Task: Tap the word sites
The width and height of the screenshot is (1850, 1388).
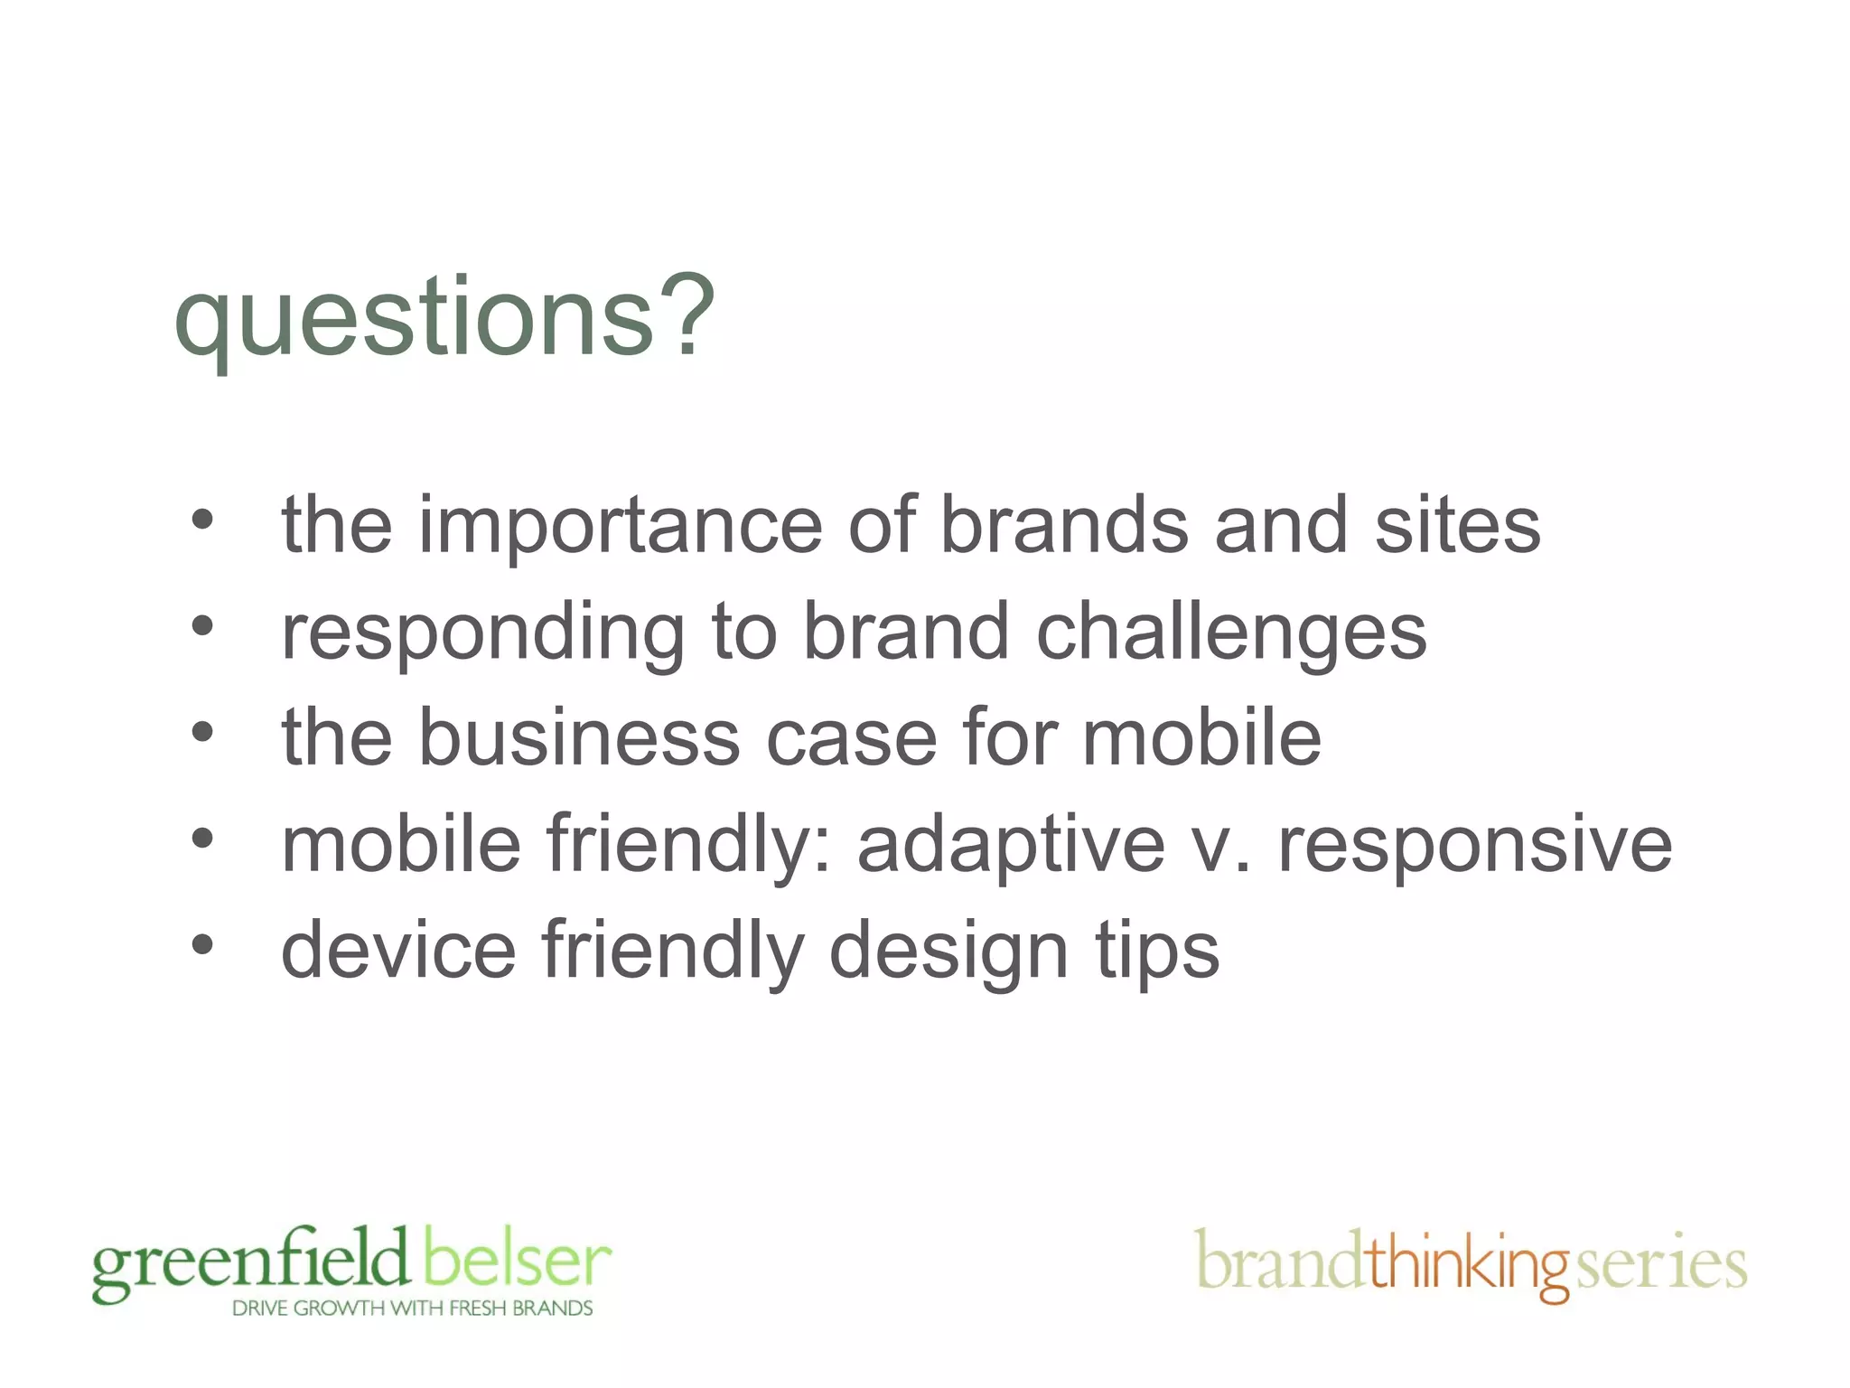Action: pyautogui.click(x=1457, y=526)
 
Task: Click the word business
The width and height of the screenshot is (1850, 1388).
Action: pyautogui.click(x=578, y=738)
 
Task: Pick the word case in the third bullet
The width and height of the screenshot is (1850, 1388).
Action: pyautogui.click(x=852, y=738)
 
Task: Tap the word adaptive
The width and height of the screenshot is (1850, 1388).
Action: pyautogui.click(x=1011, y=846)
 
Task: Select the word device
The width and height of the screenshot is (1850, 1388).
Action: pyautogui.click(x=398, y=951)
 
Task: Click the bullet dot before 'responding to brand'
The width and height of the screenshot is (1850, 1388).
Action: pyautogui.click(x=202, y=625)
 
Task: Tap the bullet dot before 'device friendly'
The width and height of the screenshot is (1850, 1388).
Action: pyautogui.click(x=202, y=944)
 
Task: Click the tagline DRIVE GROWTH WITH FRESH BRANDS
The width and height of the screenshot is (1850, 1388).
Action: pyautogui.click(x=412, y=1308)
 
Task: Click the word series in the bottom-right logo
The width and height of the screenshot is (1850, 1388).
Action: pyautogui.click(x=1661, y=1263)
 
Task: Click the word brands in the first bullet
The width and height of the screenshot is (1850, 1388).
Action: pyautogui.click(x=1064, y=526)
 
